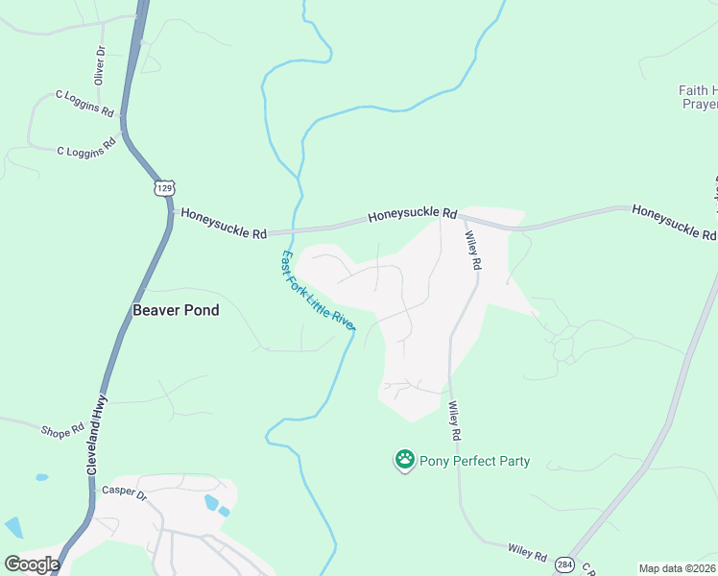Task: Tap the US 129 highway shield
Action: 163,186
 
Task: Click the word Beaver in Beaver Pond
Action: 154,310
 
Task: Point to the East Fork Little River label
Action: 318,290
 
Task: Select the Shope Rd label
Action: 62,431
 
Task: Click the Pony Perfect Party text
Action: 474,462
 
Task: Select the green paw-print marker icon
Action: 405,461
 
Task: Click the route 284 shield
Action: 565,565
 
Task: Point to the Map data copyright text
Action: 677,568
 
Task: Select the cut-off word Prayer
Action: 698,104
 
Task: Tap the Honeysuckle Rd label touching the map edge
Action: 674,222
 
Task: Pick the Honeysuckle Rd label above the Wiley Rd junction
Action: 413,214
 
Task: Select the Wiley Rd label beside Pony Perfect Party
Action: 454,421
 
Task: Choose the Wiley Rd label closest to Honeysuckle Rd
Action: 471,250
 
